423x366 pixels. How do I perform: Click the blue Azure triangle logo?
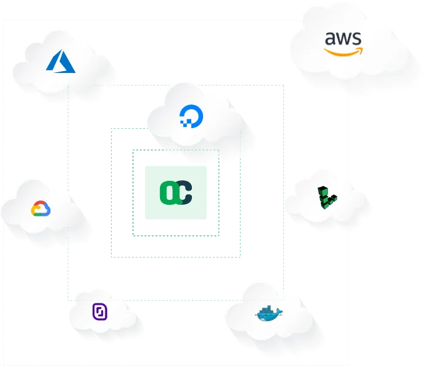[x=60, y=62]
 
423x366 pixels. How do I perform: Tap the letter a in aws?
[x=330, y=40]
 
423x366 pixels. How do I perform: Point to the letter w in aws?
[x=343, y=40]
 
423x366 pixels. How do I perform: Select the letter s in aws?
[x=357, y=40]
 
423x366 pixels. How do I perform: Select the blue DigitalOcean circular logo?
[x=192, y=115]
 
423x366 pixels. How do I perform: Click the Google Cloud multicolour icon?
[x=40, y=208]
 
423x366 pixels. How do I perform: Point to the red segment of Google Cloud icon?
[x=40, y=203]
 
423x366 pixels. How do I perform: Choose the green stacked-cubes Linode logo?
[x=327, y=198]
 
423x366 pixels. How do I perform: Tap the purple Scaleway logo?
[x=100, y=311]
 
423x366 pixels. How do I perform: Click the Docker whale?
[x=269, y=314]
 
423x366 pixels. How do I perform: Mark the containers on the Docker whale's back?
[x=267, y=309]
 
